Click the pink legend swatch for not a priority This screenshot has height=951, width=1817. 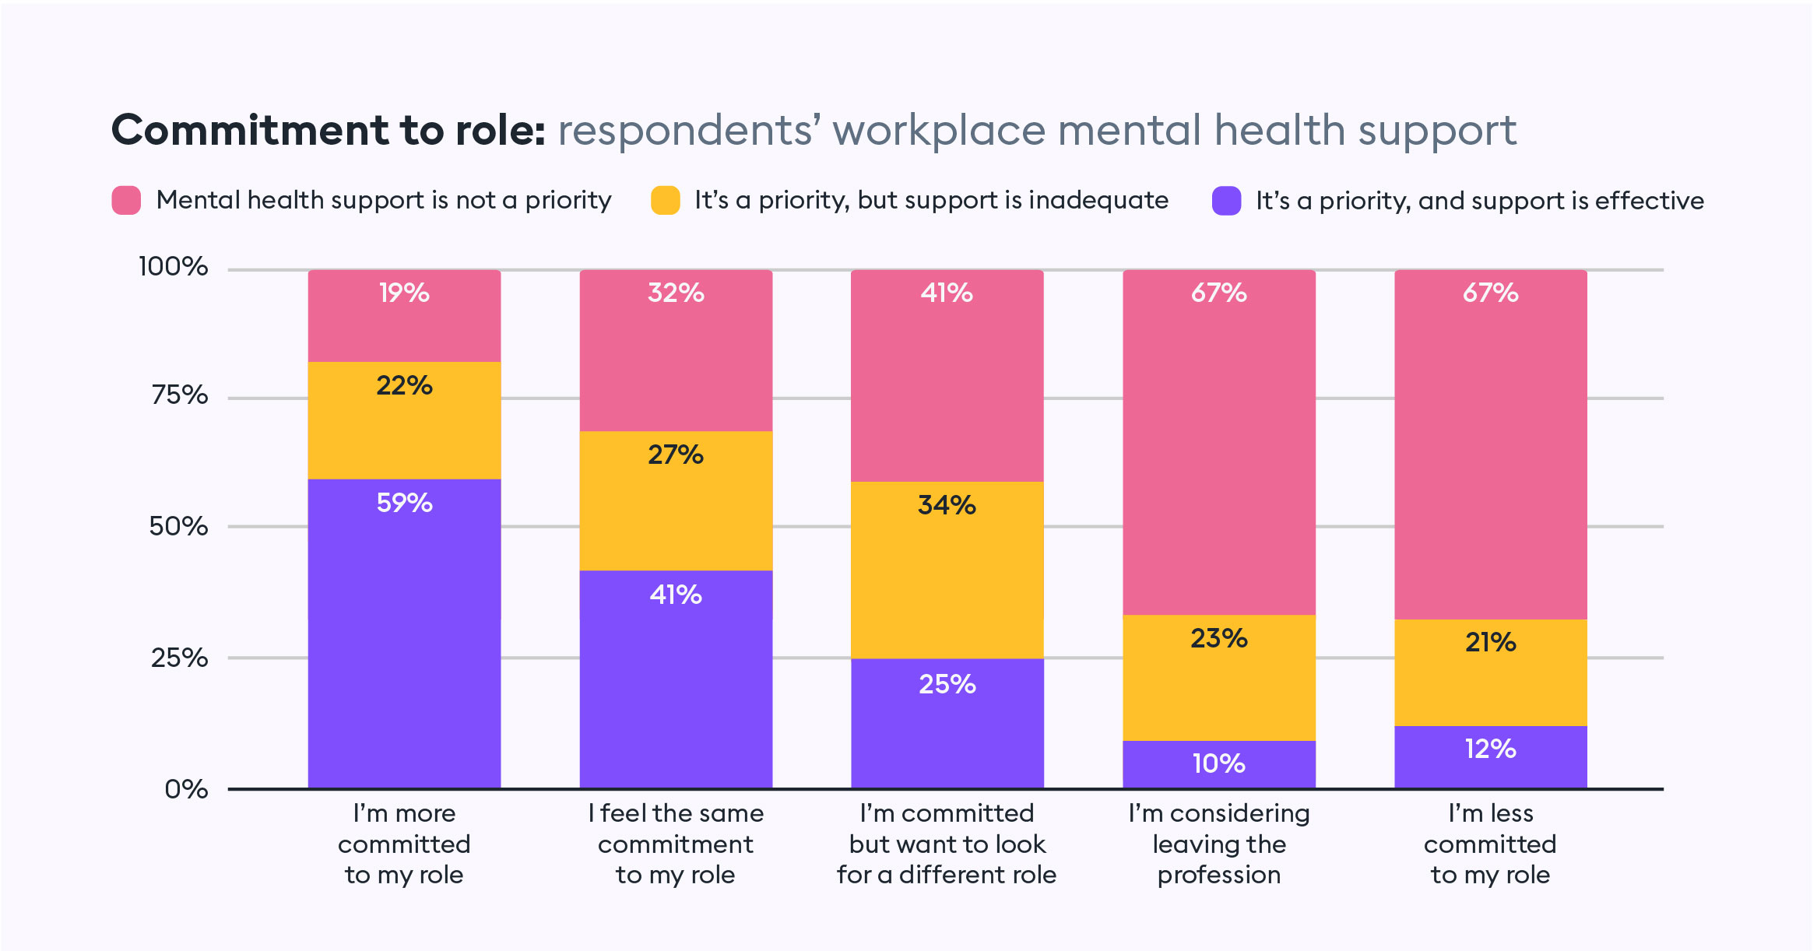click(x=126, y=200)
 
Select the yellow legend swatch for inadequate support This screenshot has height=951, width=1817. click(x=666, y=200)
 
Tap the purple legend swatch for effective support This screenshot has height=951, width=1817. click(x=1226, y=201)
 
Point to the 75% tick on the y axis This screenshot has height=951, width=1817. click(x=180, y=395)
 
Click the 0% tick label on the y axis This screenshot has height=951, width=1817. click(x=186, y=789)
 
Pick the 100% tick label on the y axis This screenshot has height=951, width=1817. click(x=173, y=267)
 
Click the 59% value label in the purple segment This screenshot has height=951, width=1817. click(x=404, y=503)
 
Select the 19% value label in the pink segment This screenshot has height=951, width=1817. click(x=404, y=293)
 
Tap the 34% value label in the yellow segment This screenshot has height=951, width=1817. click(x=947, y=505)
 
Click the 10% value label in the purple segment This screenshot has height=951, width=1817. click(x=1218, y=763)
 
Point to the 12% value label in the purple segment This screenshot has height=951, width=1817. click(x=1490, y=749)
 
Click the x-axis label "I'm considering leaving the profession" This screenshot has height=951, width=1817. click(x=1218, y=844)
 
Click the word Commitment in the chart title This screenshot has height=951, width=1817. click(x=249, y=130)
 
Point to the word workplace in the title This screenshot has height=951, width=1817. click(x=938, y=132)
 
